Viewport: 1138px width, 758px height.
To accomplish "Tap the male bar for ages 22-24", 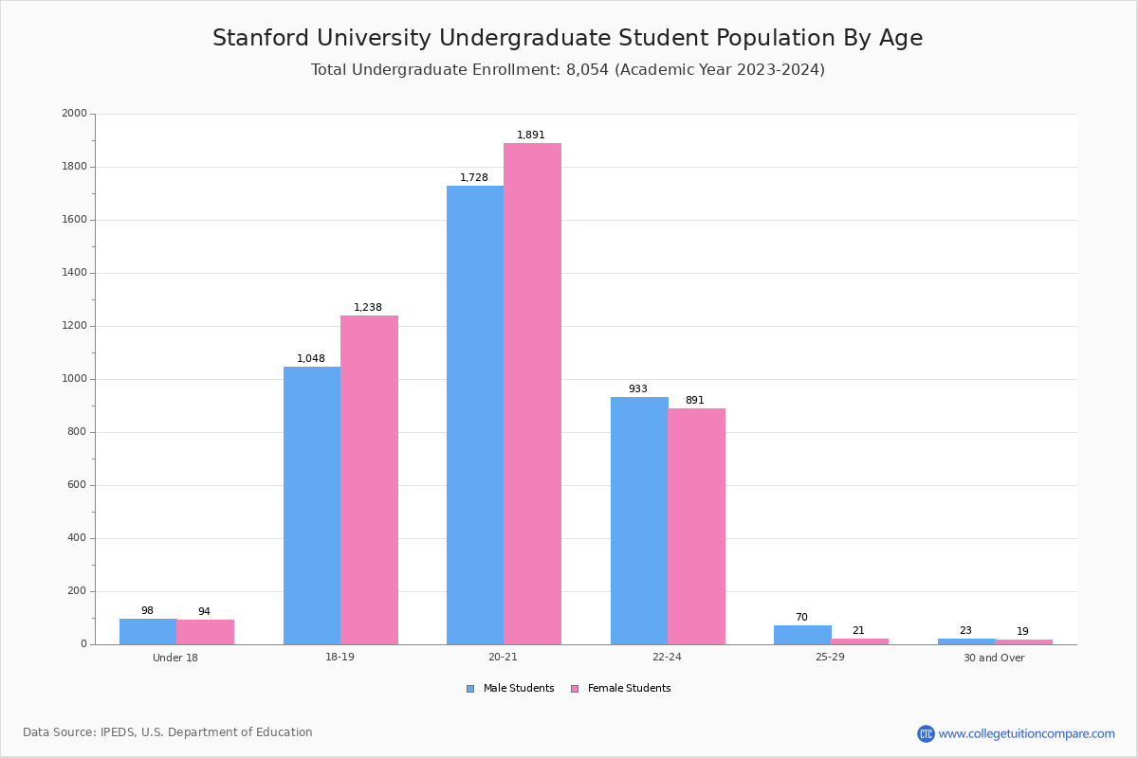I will pos(639,520).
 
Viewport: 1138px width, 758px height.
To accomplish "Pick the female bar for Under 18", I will pos(205,632).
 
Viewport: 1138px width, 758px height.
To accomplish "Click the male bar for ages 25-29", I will pos(802,635).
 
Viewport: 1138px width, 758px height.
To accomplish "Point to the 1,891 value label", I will pos(531,135).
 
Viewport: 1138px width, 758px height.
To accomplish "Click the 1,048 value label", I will pos(311,359).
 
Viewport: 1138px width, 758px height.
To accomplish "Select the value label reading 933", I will pos(638,389).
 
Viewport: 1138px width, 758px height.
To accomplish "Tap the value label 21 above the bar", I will pos(858,631).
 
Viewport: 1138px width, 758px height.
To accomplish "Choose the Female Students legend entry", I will pos(621,689).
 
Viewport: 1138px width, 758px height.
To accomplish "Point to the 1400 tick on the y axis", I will pos(74,273).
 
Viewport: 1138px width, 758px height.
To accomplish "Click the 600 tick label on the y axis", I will pos(77,485).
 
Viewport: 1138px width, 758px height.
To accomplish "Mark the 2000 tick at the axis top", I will pos(74,114).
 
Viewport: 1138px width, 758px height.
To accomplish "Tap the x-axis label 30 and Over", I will pos(994,659).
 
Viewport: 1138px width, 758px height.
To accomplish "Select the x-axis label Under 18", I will pos(175,659).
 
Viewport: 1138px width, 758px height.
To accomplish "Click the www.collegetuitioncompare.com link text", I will pos(1026,733).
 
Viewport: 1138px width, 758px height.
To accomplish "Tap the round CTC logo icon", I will pos(926,733).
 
